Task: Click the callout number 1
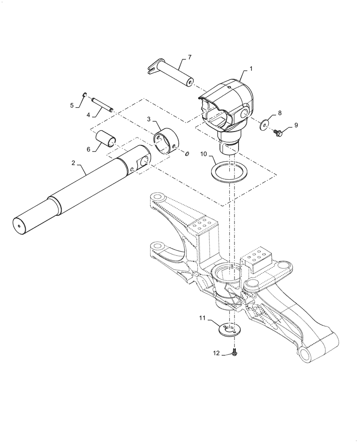(x=251, y=69)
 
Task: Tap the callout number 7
(x=189, y=57)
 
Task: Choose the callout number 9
(x=296, y=125)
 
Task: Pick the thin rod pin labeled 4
(x=102, y=105)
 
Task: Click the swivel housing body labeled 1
(x=231, y=106)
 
